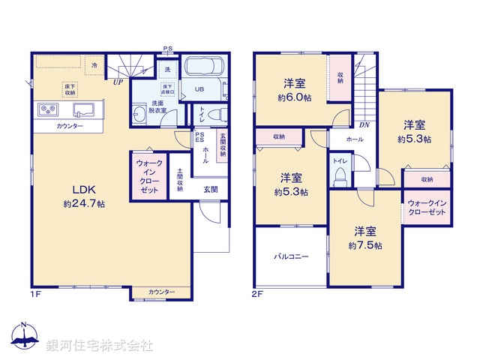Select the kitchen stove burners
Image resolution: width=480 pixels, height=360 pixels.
pyautogui.click(x=49, y=110)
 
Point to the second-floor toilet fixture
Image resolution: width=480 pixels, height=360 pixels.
pyautogui.click(x=340, y=175)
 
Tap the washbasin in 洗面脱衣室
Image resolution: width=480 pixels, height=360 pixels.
pyautogui.click(x=141, y=114)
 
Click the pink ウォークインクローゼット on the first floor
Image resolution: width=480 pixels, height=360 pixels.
pyautogui.click(x=148, y=177)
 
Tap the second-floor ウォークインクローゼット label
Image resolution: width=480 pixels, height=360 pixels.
pyautogui.click(x=427, y=208)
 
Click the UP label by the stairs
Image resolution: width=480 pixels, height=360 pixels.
pyautogui.click(x=118, y=82)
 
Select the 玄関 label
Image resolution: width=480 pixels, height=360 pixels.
pyautogui.click(x=211, y=190)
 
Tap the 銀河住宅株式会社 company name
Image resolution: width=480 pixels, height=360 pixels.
pyautogui.click(x=99, y=346)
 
